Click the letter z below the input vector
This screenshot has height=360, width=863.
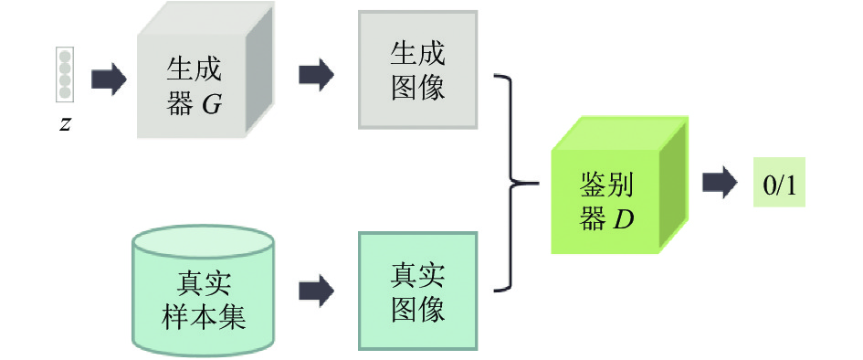click(65, 125)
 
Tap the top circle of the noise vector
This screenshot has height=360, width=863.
click(65, 56)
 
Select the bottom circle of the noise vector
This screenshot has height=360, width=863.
click(65, 92)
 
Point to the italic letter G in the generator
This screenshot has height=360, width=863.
click(212, 104)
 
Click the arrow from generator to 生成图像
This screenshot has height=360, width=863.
click(317, 74)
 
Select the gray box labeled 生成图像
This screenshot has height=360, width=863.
click(417, 70)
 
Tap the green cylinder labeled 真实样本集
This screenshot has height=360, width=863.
click(203, 290)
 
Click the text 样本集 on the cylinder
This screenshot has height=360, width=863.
click(203, 318)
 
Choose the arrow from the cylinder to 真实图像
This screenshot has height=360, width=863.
click(317, 291)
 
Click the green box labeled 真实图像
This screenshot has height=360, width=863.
click(417, 291)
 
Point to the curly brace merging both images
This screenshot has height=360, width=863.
click(513, 182)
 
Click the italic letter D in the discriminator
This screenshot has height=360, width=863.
click(624, 220)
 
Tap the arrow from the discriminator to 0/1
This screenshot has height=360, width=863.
click(720, 182)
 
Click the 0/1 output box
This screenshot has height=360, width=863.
click(779, 182)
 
